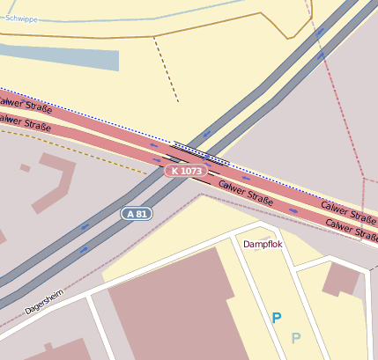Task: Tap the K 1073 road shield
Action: [x=186, y=170]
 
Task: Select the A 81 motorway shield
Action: [x=137, y=214]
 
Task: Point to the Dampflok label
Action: [x=263, y=244]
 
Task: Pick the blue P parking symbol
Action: [x=277, y=318]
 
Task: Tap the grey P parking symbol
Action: [x=296, y=337]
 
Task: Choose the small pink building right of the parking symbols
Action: [x=341, y=279]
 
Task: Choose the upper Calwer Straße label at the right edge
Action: [x=349, y=210]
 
